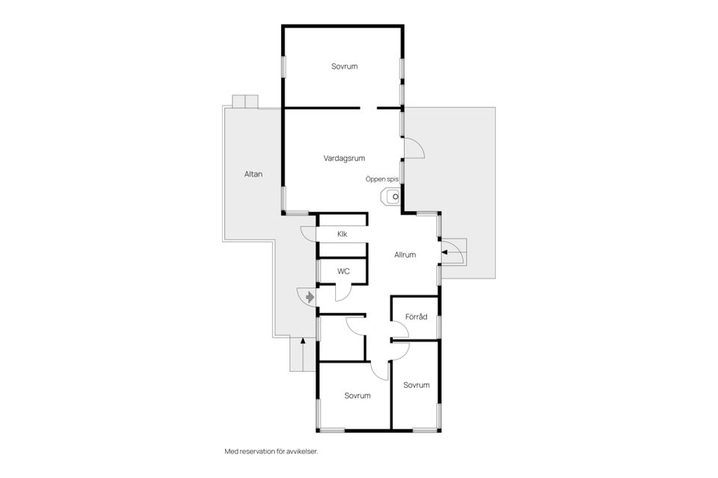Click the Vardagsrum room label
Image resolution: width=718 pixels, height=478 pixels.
click(x=344, y=158)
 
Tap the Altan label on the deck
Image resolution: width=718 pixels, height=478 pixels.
click(x=254, y=174)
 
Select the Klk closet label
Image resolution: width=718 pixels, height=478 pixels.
click(x=342, y=235)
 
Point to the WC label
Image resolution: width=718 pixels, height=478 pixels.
click(x=343, y=271)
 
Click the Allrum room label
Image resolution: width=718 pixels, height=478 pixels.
click(x=405, y=255)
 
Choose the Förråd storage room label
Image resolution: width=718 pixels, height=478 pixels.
click(x=417, y=317)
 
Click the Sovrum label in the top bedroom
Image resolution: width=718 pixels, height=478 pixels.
click(x=344, y=66)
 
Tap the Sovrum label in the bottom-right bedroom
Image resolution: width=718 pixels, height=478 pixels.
click(x=417, y=385)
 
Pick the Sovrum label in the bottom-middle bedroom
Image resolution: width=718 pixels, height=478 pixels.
click(x=358, y=396)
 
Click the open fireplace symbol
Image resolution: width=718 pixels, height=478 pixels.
click(x=391, y=197)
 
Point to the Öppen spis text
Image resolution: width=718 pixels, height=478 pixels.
click(x=382, y=179)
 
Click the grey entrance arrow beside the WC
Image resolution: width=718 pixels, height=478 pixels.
click(x=310, y=297)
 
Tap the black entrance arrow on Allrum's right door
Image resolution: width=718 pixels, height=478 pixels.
click(x=444, y=251)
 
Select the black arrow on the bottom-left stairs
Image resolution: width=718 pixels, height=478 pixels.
click(x=302, y=340)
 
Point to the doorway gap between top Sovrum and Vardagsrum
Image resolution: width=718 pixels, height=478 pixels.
click(x=368, y=108)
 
